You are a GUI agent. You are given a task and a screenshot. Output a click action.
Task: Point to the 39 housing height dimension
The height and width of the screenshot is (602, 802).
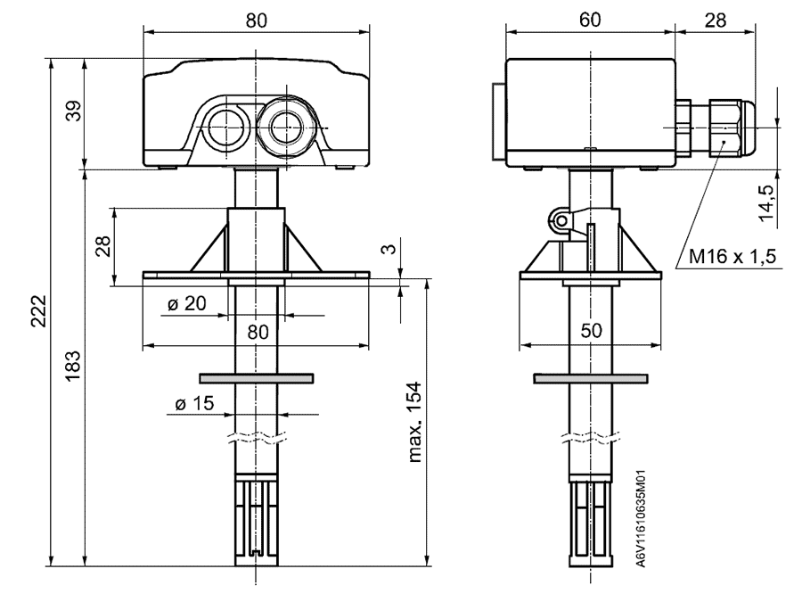point(74,111)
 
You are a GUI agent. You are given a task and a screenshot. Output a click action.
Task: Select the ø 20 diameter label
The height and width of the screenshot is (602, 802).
point(186,303)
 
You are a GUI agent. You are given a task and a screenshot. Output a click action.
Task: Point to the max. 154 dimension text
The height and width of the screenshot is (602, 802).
point(413,424)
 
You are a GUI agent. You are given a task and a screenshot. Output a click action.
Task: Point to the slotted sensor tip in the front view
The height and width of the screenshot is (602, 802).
point(257,522)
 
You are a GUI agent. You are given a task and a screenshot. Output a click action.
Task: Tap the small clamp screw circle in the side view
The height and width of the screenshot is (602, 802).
point(560,217)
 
